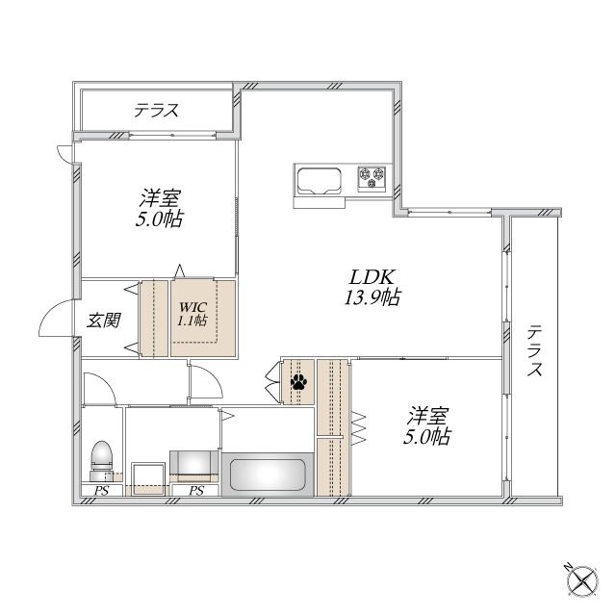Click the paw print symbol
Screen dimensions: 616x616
pos(298,383)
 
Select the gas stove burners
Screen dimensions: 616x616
pos(372,175)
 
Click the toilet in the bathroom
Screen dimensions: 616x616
pos(102,458)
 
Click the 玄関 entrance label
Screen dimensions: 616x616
pos(103,320)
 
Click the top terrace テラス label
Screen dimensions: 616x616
pos(157,111)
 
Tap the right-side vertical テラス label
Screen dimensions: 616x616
pos(534,351)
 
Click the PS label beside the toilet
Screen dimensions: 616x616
pos(101,491)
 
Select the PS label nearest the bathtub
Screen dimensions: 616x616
pos(196,491)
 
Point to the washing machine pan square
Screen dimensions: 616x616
pos(147,476)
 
